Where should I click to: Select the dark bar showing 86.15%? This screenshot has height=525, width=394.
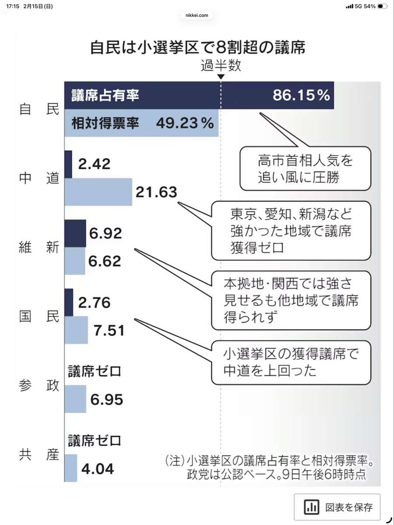[199, 95]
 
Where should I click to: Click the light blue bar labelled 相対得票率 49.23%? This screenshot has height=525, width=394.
[141, 123]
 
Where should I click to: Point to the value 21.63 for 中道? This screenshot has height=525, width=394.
[156, 192]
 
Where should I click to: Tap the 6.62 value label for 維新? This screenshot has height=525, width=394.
[105, 261]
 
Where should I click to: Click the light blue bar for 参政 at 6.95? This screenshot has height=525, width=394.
[75, 399]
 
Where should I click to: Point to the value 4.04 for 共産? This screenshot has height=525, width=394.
[97, 469]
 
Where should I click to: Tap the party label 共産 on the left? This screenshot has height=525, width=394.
[39, 455]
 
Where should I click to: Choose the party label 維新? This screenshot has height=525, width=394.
[39, 248]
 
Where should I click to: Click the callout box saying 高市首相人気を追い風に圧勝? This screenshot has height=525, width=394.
[305, 168]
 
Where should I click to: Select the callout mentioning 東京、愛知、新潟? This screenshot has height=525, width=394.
[291, 230]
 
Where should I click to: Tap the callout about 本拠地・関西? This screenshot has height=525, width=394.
[291, 300]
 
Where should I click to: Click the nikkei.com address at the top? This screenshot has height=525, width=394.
[197, 15]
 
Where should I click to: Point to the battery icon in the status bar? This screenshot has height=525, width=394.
[382, 6]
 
